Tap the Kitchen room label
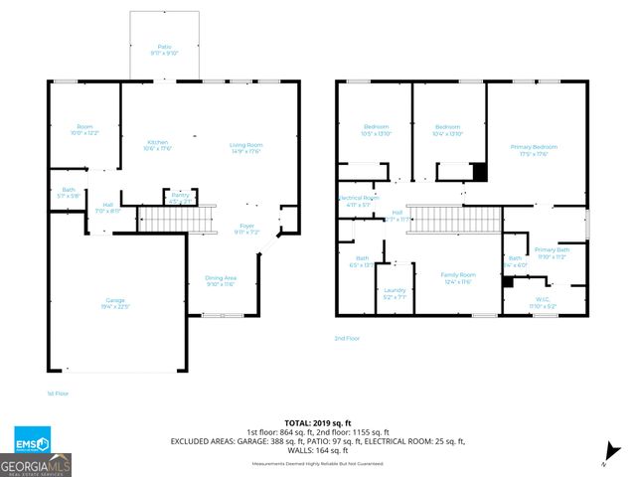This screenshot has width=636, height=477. click(158, 142)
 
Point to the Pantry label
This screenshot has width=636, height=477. click(179, 196)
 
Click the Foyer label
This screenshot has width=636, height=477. click(246, 227)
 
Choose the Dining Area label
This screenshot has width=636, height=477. click(220, 278)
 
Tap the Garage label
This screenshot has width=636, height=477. click(116, 301)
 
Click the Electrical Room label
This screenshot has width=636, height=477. click(358, 199)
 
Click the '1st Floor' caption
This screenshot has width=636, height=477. click(59, 394)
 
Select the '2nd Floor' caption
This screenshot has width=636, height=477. click(347, 339)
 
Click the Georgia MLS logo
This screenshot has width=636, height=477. click(35, 465)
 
